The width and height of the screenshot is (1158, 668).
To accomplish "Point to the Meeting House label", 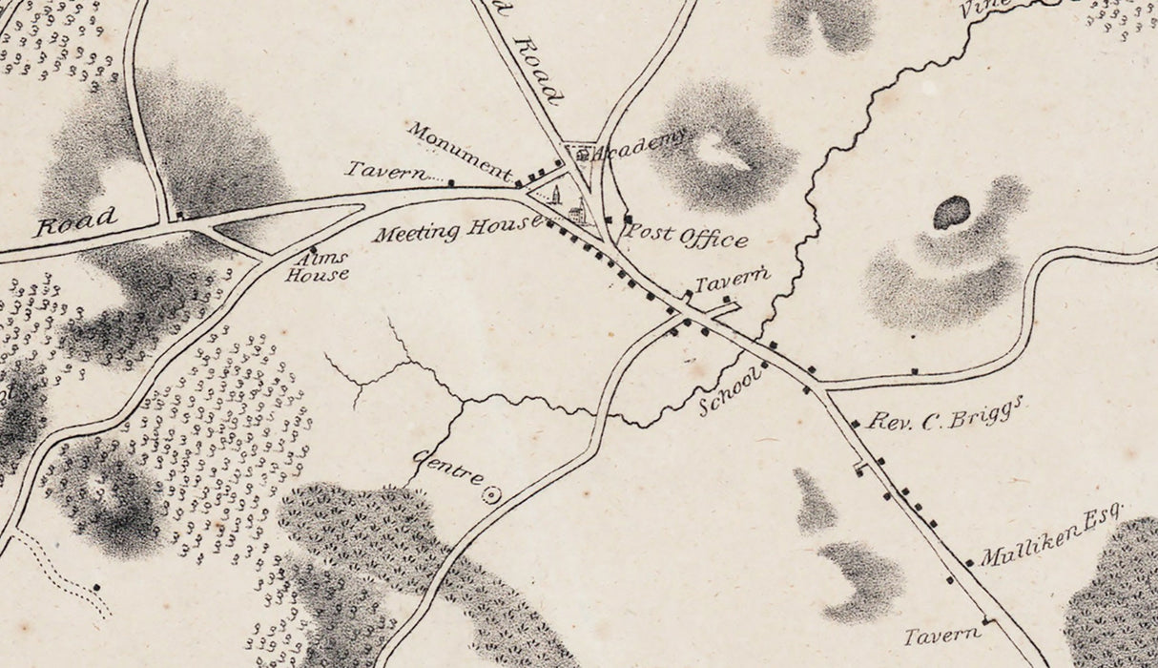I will point(457,230).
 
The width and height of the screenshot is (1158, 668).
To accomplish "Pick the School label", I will point(731,390).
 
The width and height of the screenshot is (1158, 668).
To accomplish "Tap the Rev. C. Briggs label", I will point(943,414).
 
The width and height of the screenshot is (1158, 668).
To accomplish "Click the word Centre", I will point(447,472).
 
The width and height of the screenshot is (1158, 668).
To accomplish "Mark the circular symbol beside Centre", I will point(492,494).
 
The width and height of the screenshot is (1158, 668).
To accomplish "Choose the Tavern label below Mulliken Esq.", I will point(941,635).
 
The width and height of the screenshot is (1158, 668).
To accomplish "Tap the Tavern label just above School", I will point(732,282).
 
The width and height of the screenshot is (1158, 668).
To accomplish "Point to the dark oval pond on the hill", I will point(951,212).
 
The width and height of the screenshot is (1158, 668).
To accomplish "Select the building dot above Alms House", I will point(313,248).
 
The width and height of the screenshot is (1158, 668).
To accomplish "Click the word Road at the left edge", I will point(75,221).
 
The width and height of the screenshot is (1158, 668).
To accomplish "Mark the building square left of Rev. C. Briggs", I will point(855,424).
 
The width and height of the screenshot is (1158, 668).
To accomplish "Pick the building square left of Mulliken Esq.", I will point(969,563).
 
